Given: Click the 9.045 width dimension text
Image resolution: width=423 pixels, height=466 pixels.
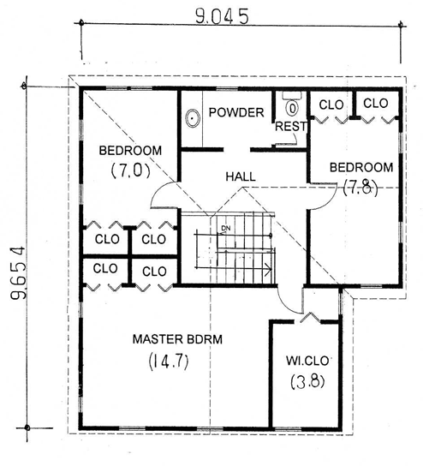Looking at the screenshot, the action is click(x=222, y=16).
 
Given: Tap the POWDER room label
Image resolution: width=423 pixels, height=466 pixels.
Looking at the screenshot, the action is click(x=236, y=112).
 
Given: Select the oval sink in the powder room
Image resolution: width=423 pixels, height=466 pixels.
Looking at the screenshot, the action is click(x=192, y=118).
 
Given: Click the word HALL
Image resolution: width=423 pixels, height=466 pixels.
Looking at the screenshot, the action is click(x=241, y=176).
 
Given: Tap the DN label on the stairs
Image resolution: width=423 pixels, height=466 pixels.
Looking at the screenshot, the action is click(x=226, y=228).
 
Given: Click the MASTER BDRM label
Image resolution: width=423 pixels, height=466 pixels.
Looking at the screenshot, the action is click(x=177, y=339).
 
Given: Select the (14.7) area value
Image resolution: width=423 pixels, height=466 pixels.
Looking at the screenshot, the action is click(x=169, y=361).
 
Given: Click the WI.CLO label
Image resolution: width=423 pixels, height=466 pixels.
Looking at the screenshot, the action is click(x=307, y=361).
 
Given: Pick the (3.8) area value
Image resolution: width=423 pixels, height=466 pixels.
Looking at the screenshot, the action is click(x=307, y=381).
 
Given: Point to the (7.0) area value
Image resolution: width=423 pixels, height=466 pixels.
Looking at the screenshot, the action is click(x=130, y=170).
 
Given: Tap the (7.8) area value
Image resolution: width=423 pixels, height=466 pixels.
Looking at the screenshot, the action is click(x=360, y=188).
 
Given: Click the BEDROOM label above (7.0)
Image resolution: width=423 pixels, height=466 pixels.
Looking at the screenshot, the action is click(x=130, y=151).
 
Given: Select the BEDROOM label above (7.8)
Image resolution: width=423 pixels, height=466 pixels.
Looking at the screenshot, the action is click(x=361, y=167).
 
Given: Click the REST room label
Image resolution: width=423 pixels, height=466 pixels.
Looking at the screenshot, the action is click(x=291, y=126).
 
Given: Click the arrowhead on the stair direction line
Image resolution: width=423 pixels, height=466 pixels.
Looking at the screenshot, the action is click(x=269, y=269).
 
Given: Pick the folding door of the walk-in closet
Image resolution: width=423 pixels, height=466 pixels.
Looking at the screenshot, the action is click(x=310, y=317).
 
